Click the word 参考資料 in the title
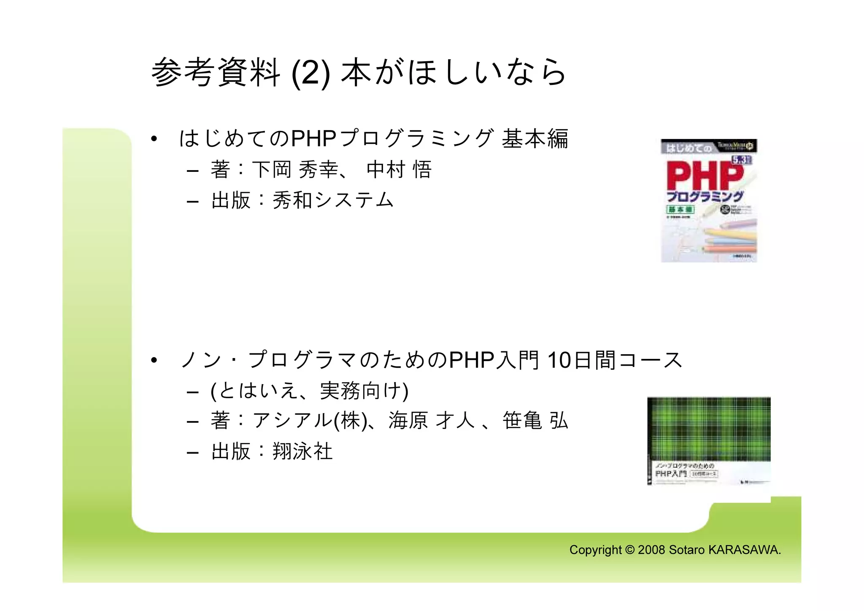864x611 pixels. pyautogui.click(x=216, y=73)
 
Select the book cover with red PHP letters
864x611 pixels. pyautogui.click(x=709, y=201)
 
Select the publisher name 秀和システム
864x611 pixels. pyautogui.click(x=333, y=200)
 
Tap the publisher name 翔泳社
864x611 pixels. pyautogui.click(x=302, y=451)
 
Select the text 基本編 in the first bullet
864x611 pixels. pyautogui.click(x=535, y=138)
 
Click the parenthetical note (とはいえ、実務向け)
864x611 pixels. pyautogui.click(x=309, y=391)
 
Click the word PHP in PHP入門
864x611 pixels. pyautogui.click(x=471, y=361)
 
